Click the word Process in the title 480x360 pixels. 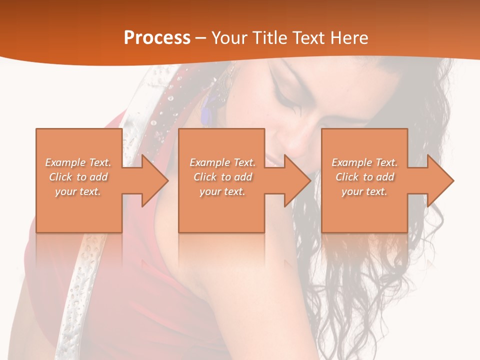point(157,38)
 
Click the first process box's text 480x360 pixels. point(78,177)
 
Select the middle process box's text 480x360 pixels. point(222,177)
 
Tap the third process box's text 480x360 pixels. point(364,177)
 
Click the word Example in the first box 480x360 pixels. point(65,162)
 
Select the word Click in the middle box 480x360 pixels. point(205,177)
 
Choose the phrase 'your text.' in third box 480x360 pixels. point(364,191)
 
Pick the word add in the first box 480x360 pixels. point(99,177)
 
